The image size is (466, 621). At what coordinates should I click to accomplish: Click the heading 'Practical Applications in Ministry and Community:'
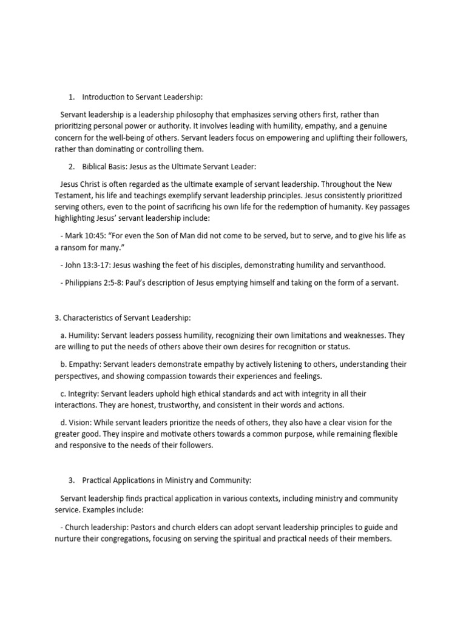[x=166, y=481]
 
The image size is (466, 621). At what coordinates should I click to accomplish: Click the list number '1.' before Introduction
[x=72, y=96]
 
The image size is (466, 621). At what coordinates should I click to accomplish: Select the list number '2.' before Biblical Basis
[x=72, y=167]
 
